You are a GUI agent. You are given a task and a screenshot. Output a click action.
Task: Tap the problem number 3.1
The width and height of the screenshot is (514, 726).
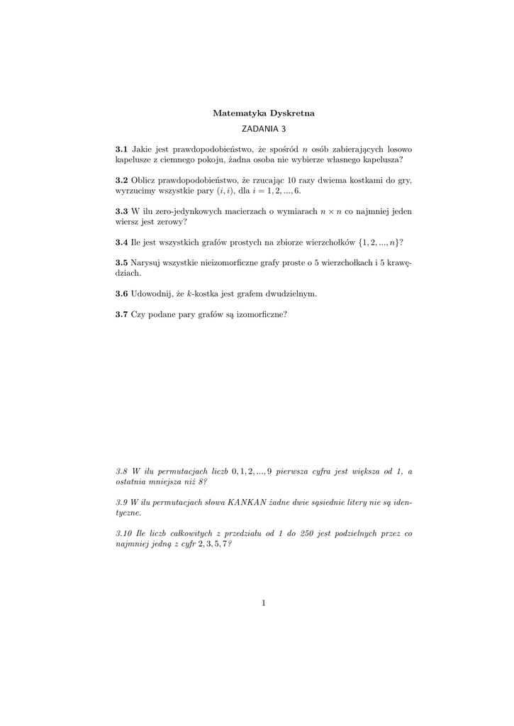point(121,150)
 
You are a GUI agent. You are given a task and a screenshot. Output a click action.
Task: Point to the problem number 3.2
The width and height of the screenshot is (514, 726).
point(121,180)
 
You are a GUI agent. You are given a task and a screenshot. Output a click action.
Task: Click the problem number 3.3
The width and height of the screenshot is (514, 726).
point(121,211)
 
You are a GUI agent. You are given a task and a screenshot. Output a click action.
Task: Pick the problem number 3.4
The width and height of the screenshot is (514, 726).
point(121,242)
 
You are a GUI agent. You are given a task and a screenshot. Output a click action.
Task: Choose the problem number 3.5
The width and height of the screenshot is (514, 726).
point(121,262)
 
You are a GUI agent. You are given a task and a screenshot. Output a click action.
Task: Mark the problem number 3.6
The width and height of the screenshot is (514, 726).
point(121,293)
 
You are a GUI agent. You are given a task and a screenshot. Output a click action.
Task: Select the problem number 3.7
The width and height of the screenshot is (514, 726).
point(121,313)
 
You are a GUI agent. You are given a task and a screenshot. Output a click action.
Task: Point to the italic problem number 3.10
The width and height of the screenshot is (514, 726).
point(124,533)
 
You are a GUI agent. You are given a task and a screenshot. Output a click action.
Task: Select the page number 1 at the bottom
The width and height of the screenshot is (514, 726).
point(263,603)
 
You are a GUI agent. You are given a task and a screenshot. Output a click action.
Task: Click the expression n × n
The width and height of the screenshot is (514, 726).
point(332,211)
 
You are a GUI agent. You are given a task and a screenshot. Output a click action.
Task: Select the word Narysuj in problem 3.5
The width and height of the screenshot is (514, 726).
point(146,262)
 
